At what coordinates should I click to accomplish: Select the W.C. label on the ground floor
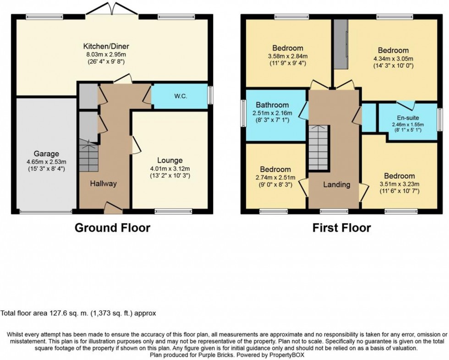coord(179,97)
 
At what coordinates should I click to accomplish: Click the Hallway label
coord(103,183)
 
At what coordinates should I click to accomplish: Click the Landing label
coord(337,185)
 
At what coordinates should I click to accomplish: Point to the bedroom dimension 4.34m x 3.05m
coord(393,59)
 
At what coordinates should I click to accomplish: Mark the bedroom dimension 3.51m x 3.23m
coord(400,184)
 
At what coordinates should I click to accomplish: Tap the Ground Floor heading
coord(112,227)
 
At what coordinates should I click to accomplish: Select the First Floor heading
coord(341,227)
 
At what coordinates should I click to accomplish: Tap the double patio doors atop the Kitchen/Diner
coord(112,9)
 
